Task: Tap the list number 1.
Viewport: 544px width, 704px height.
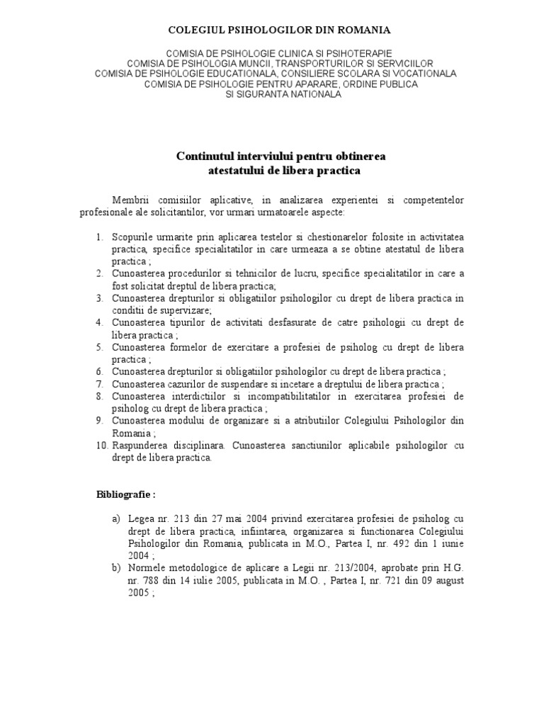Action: (x=99, y=236)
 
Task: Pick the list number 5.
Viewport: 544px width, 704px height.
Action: (x=99, y=347)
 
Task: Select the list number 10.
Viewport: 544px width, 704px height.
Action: (x=101, y=445)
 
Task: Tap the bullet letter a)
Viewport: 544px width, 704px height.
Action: (x=116, y=519)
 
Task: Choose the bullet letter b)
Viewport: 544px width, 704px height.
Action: (x=116, y=567)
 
